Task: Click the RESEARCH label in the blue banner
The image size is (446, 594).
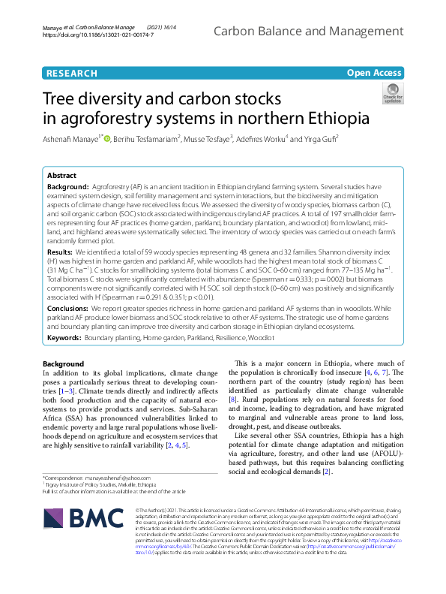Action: click(x=71, y=73)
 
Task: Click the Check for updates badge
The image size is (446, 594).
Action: click(x=392, y=95)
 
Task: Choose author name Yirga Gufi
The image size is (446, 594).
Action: click(x=319, y=139)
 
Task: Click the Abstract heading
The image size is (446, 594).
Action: click(x=61, y=173)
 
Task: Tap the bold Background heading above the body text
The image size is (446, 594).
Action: click(x=64, y=364)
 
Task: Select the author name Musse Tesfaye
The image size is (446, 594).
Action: click(x=209, y=139)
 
